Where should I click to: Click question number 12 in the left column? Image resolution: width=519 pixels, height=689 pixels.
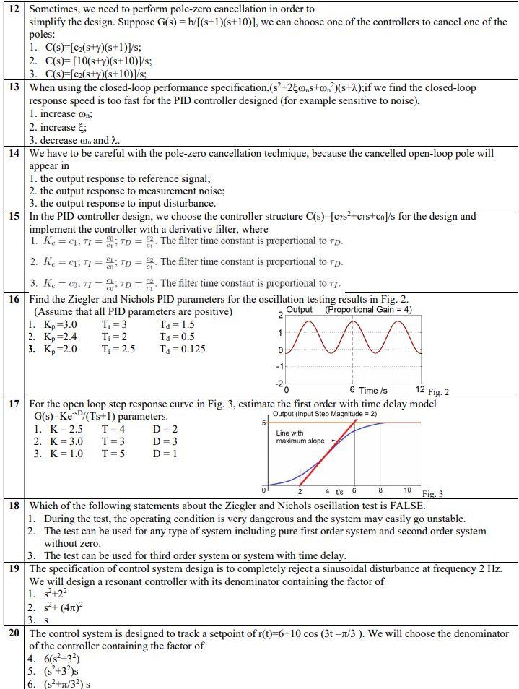pyautogui.click(x=14, y=9)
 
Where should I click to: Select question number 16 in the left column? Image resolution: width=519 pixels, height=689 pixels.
pyautogui.click(x=14, y=298)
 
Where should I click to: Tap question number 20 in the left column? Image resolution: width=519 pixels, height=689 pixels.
pyautogui.click(x=14, y=633)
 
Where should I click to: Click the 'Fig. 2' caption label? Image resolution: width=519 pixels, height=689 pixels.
pyautogui.click(x=435, y=392)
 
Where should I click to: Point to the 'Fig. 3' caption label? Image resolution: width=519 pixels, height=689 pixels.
pyautogui.click(x=432, y=494)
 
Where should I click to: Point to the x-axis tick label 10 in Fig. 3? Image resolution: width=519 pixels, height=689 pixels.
pyautogui.click(x=407, y=490)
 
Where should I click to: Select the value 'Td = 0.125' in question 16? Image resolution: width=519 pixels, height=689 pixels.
pyautogui.click(x=182, y=349)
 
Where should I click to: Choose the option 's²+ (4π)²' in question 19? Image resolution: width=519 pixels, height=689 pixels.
pyautogui.click(x=58, y=607)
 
